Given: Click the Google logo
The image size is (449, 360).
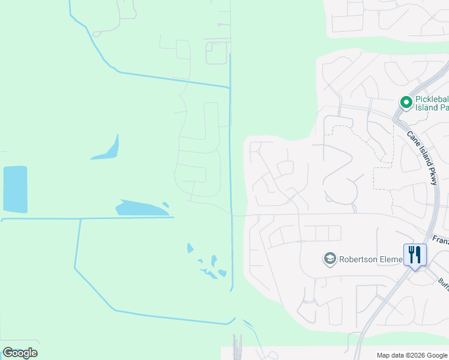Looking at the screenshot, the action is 20,353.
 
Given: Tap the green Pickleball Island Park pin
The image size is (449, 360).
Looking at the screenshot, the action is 406,103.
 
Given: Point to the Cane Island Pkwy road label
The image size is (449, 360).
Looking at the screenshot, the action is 423,158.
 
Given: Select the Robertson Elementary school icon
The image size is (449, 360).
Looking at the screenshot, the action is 329,259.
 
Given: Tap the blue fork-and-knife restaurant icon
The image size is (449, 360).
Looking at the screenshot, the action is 415,254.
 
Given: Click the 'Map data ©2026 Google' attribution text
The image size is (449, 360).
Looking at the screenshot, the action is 411,355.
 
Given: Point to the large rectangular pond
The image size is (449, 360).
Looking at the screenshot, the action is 15,189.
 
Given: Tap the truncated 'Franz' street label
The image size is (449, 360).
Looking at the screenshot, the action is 440,240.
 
